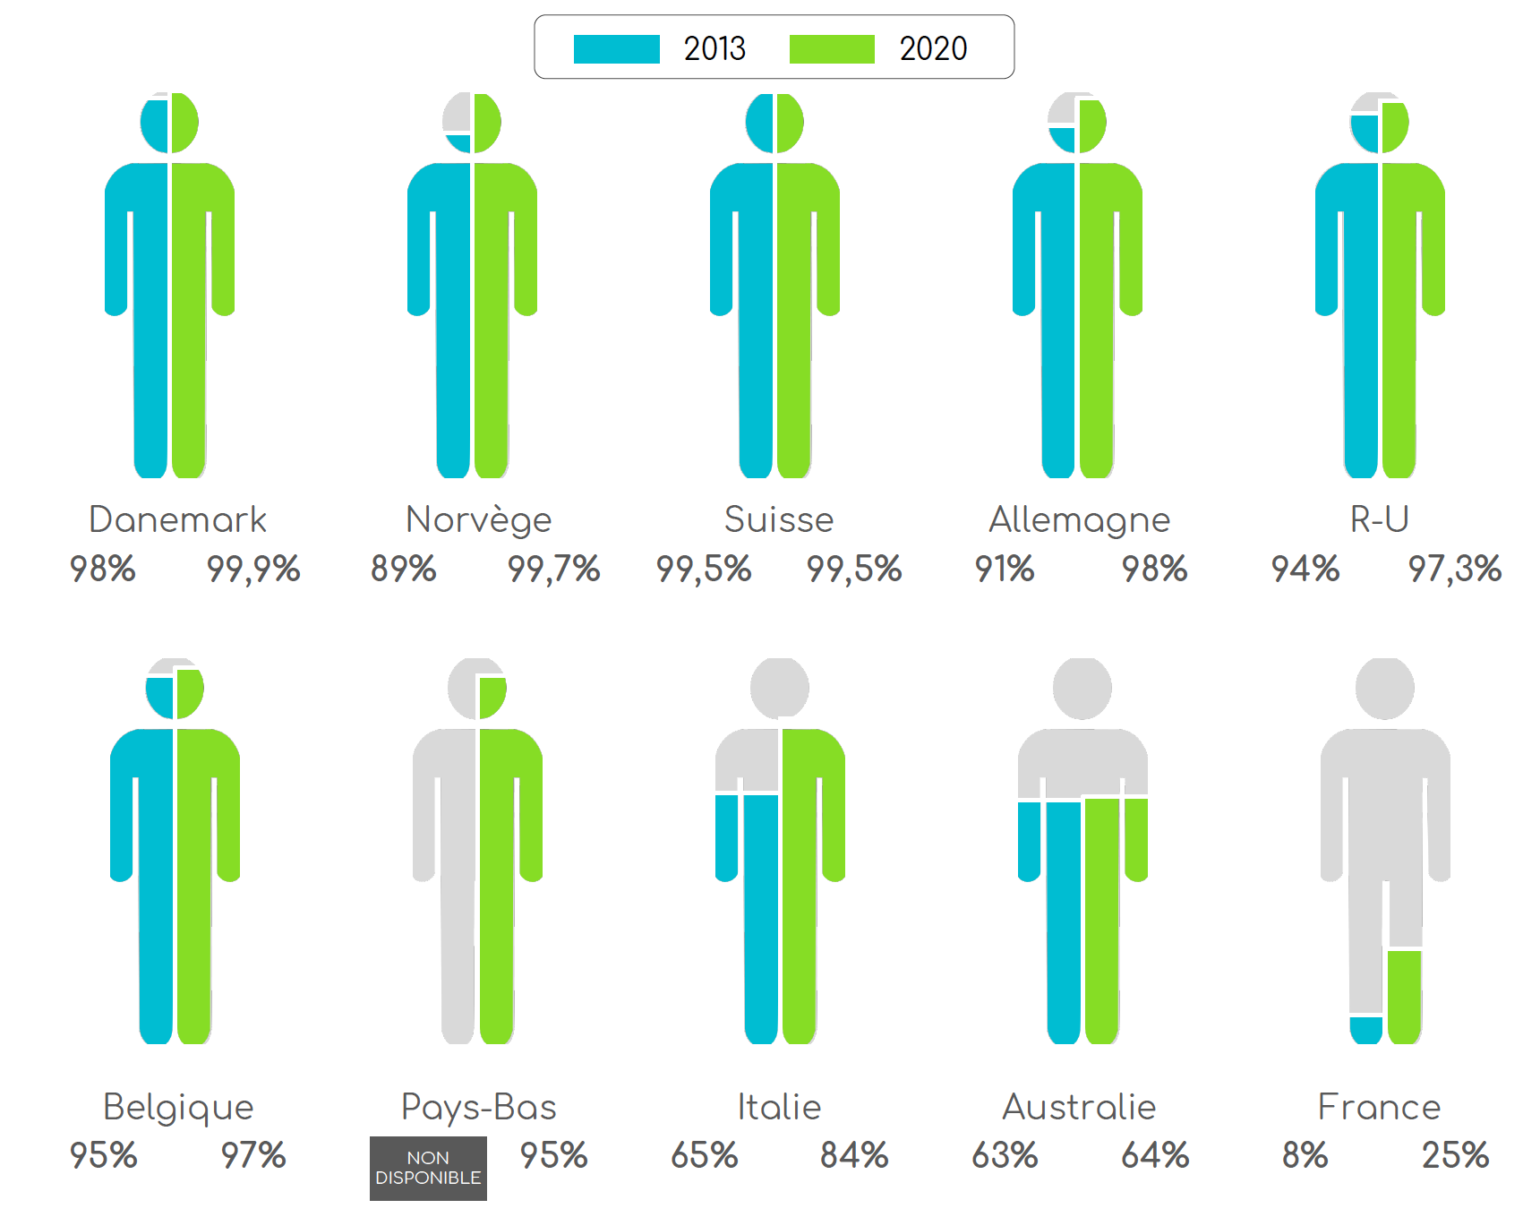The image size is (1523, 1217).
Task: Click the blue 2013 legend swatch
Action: click(616, 49)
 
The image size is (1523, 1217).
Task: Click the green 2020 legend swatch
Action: click(831, 49)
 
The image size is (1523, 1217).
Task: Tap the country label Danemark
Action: click(177, 519)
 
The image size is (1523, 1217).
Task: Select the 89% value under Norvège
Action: click(403, 570)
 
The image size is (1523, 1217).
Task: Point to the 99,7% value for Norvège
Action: click(553, 570)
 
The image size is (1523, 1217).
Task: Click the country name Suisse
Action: click(778, 519)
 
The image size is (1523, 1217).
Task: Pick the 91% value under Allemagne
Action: click(1004, 570)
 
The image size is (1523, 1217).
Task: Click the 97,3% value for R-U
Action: click(1454, 570)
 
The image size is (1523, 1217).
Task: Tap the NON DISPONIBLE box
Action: click(428, 1168)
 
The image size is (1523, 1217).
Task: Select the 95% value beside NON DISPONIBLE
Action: click(553, 1155)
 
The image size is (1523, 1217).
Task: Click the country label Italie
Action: click(779, 1107)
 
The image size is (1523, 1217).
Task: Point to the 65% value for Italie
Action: click(704, 1155)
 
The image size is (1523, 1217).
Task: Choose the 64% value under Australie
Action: click(1155, 1155)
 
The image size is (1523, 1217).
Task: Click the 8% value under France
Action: click(1305, 1155)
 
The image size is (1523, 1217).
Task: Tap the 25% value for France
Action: click(1455, 1155)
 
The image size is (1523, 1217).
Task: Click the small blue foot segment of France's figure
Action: click(1365, 1030)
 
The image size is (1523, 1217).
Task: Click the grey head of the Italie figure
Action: click(779, 688)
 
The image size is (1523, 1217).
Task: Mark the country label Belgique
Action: click(178, 1107)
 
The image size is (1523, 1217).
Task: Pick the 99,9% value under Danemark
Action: click(253, 570)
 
